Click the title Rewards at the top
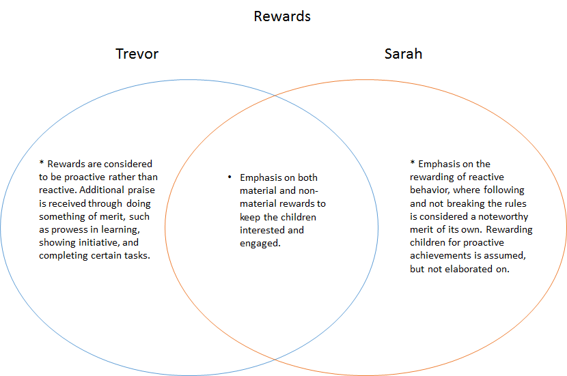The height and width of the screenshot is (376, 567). [282, 16]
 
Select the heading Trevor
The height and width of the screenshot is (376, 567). [137, 53]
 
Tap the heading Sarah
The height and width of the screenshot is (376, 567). [403, 53]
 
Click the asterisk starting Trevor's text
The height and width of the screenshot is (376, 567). [42, 164]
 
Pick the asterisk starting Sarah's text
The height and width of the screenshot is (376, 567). [412, 164]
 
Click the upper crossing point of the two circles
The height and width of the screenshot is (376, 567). [273, 95]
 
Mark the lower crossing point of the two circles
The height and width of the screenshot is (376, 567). [273, 360]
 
